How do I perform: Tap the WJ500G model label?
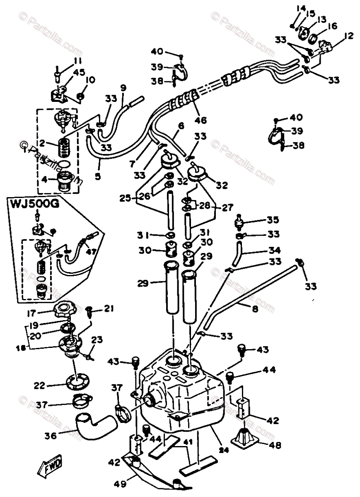point(30,205)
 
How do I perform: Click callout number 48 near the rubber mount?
point(275,446)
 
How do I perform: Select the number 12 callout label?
point(348,36)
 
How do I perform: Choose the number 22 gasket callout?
point(39,385)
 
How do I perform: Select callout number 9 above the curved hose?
point(123,88)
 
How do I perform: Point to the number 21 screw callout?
point(109,308)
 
